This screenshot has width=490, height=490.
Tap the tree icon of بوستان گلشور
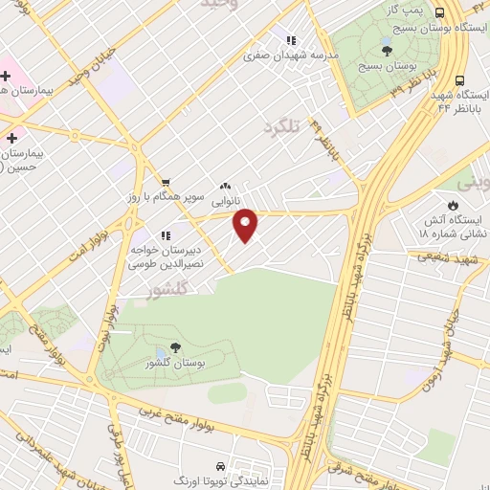[x=175, y=348]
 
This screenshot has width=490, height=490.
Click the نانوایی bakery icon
[x=225, y=186]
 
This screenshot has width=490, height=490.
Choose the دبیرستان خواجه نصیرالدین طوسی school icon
[x=166, y=234]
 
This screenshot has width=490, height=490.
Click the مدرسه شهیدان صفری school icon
[x=290, y=41]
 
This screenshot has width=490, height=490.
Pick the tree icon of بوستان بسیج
[x=387, y=50]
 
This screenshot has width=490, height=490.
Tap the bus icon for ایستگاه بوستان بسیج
[x=439, y=13]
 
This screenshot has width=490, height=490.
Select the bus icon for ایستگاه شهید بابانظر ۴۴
[x=460, y=81]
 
